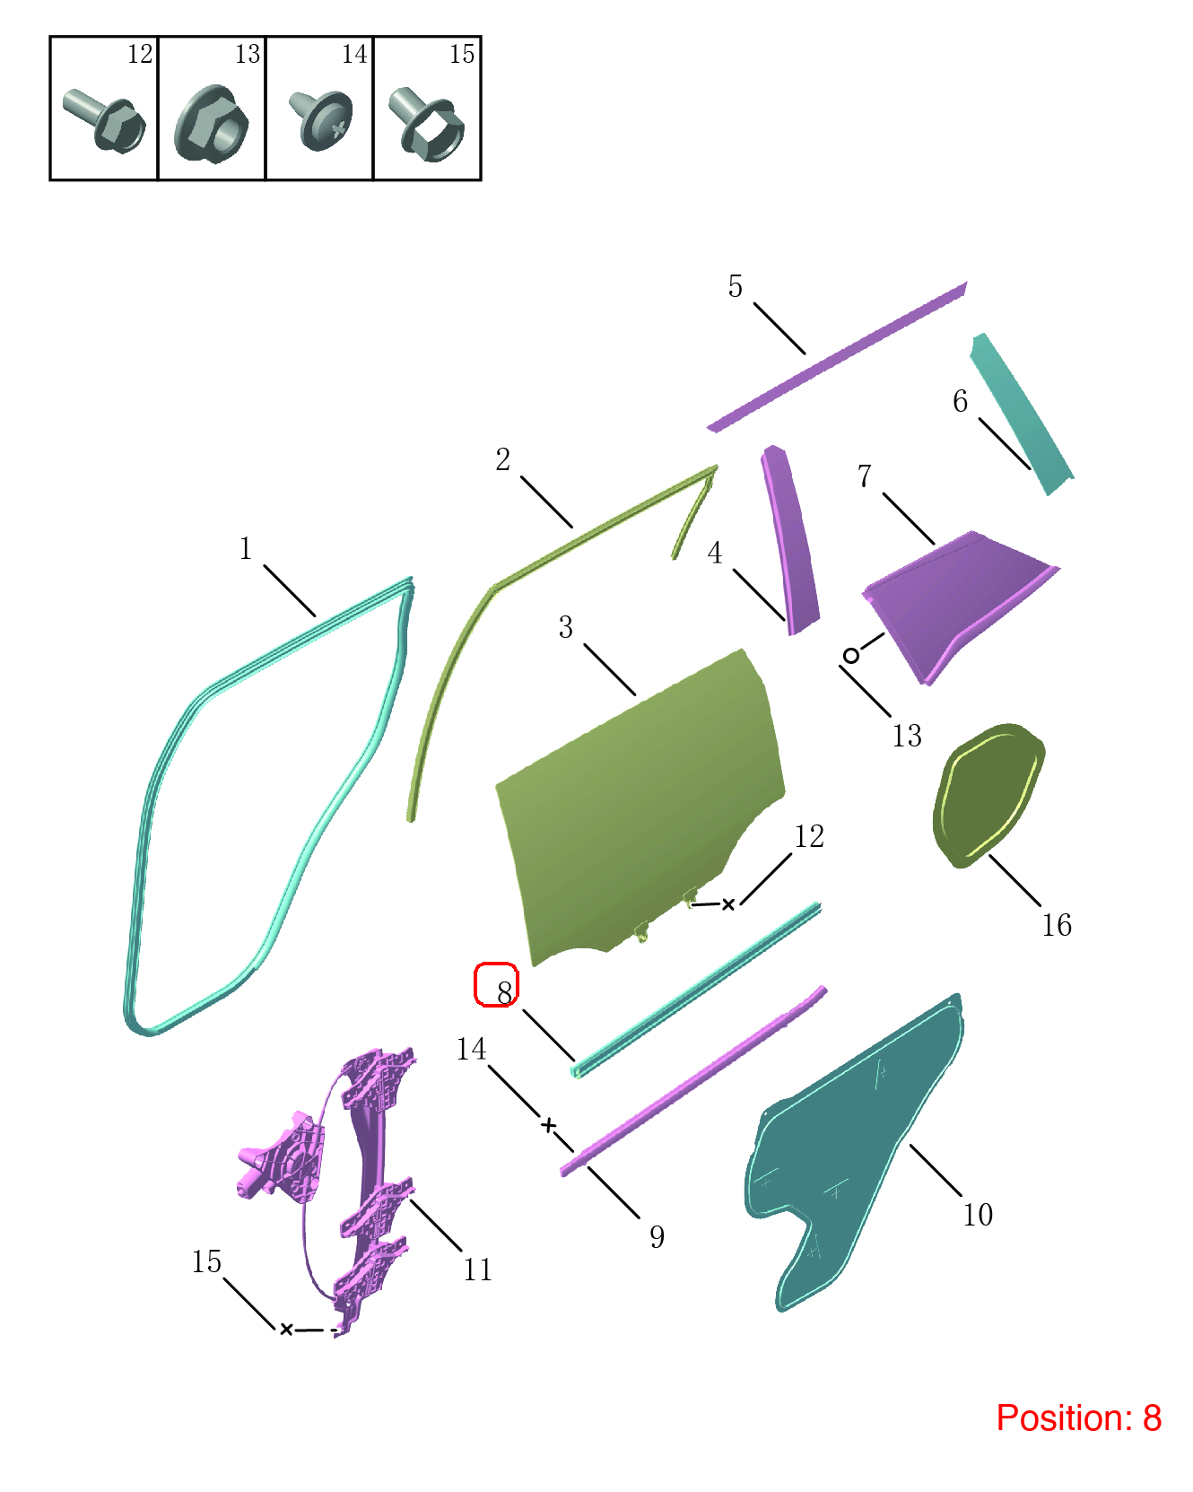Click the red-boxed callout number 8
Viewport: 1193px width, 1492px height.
point(504,991)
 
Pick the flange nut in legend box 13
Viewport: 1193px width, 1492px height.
point(212,124)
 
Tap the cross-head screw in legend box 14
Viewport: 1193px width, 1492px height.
point(320,119)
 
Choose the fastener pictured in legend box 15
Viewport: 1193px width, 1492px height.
point(427,124)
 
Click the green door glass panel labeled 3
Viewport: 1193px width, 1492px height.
point(639,807)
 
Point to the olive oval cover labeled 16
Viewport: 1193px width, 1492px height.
point(988,795)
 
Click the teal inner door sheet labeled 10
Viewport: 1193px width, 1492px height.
point(852,1153)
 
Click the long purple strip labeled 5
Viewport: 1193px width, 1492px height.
point(837,356)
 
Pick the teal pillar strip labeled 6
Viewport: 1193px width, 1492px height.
point(1022,413)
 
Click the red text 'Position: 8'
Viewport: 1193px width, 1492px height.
point(1078,1418)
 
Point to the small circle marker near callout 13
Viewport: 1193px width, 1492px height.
point(851,655)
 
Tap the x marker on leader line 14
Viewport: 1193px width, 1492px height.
point(549,1125)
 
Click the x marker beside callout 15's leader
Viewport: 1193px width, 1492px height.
point(286,1329)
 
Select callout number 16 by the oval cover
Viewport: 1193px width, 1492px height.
point(1057,925)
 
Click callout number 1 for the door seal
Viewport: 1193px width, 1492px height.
point(245,548)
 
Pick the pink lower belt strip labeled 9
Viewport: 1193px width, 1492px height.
point(693,1081)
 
